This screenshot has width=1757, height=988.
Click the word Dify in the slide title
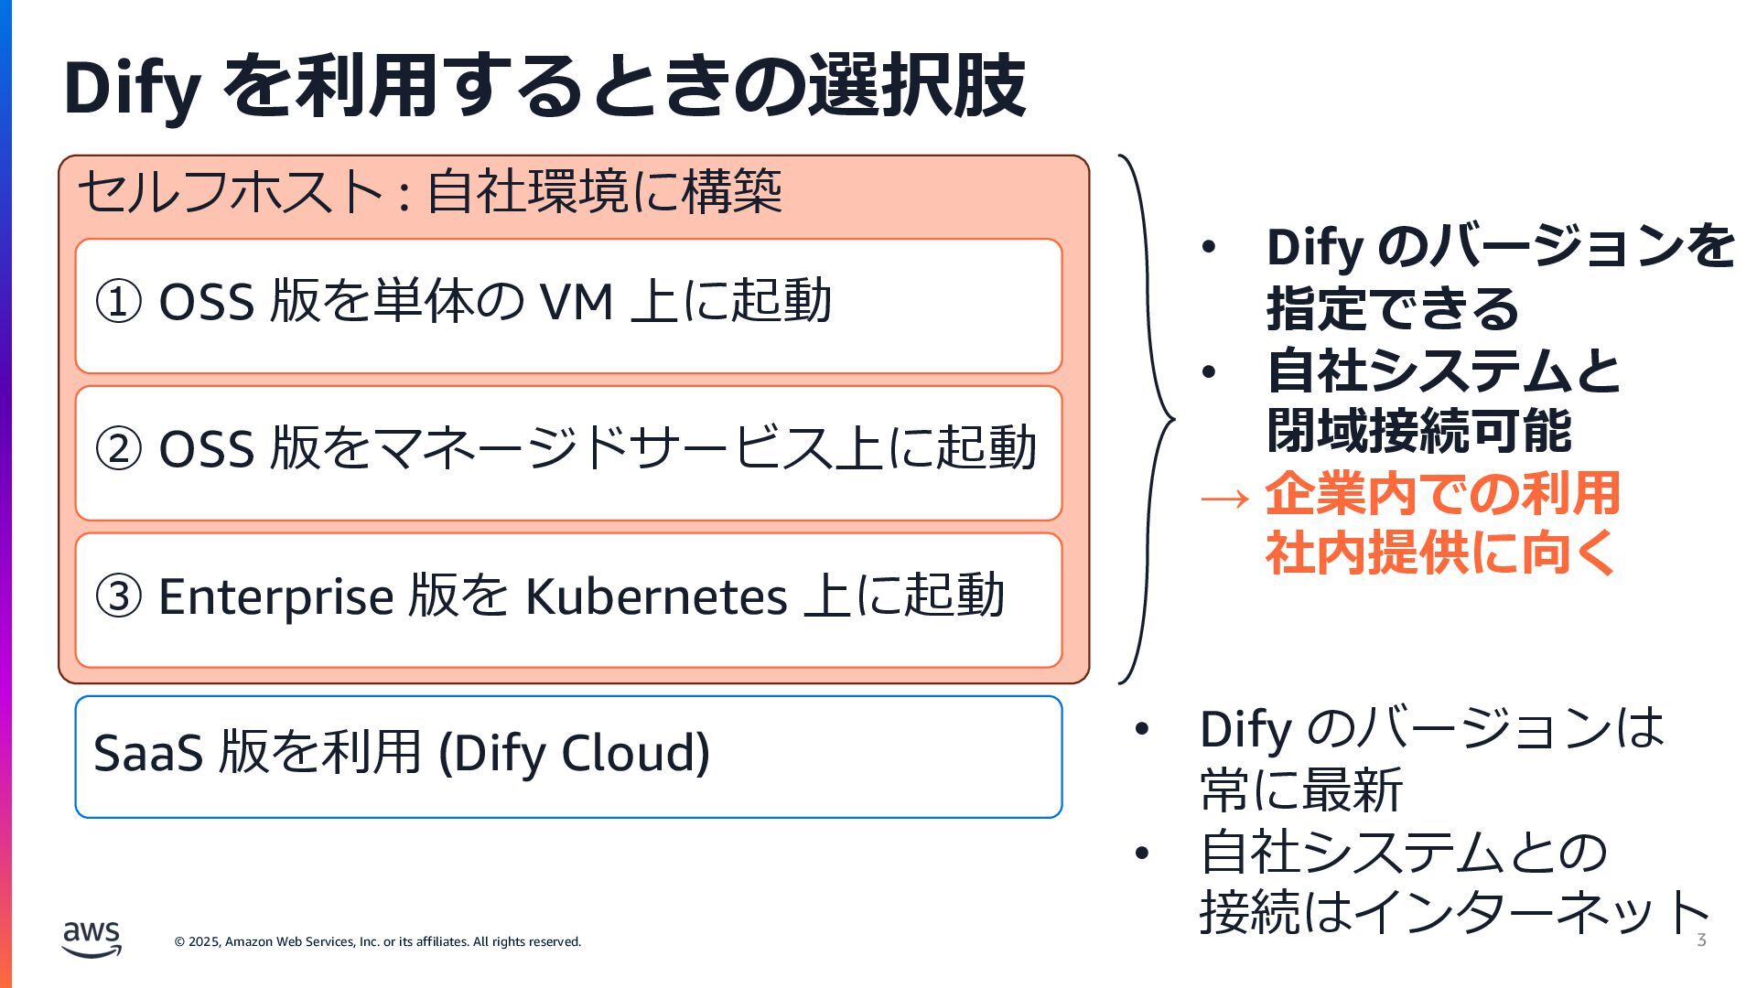[x=132, y=88]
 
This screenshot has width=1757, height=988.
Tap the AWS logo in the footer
[x=92, y=940]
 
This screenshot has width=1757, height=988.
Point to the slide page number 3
[x=1701, y=940]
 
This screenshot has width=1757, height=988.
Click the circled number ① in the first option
[x=119, y=302]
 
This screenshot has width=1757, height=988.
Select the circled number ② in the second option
[x=119, y=449]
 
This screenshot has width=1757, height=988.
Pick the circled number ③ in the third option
[x=119, y=596]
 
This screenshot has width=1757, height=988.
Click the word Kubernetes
[x=655, y=596]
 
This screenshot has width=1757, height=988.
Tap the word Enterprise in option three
[x=275, y=596]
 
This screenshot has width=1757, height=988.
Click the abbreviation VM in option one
[x=576, y=302]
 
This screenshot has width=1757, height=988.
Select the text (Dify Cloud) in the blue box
[x=574, y=753]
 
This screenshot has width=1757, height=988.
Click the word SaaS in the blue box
[x=147, y=753]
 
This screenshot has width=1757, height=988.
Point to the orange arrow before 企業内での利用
[x=1223, y=498]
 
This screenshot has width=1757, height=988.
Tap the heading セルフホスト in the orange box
[x=230, y=192]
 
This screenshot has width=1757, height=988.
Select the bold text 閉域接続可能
[x=1419, y=431]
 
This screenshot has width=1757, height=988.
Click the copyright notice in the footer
[x=377, y=941]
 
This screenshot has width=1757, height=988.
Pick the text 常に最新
[x=1300, y=789]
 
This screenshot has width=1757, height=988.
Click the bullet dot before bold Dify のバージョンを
[x=1209, y=248]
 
